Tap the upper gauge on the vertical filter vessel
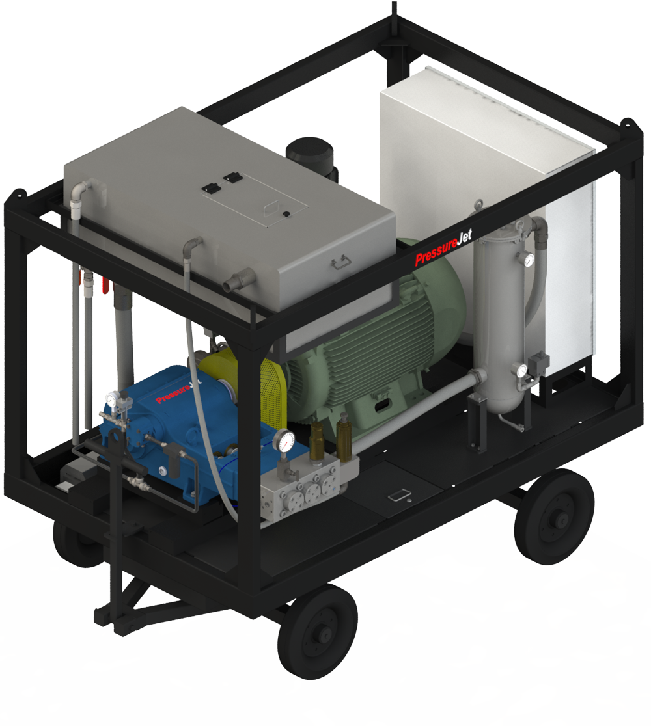click(526, 260)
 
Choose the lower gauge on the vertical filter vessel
click(521, 371)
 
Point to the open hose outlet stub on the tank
click(230, 284)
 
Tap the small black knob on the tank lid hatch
click(284, 214)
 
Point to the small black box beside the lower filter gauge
click(539, 362)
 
